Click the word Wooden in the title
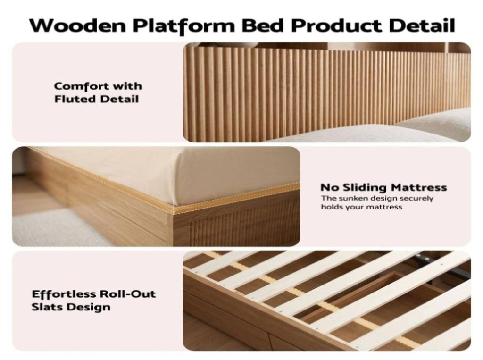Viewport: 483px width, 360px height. tap(78, 25)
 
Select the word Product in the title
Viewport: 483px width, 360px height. tap(337, 25)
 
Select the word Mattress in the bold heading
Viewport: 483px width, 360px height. tap(419, 187)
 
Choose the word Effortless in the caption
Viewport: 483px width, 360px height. tap(64, 294)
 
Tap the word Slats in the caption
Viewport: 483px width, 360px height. tap(47, 307)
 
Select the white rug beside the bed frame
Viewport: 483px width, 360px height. tap(62, 228)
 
